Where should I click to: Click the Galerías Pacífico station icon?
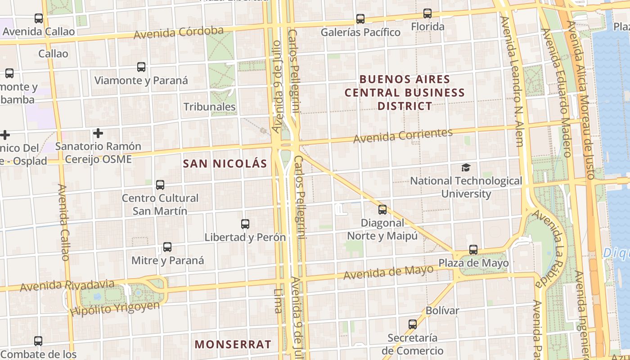click(x=360, y=19)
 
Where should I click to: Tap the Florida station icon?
click(x=427, y=13)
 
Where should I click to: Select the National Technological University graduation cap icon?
click(x=466, y=168)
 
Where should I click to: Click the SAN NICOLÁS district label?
click(x=225, y=164)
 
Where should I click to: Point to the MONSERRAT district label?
click(x=233, y=345)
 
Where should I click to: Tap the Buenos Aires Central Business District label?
click(x=405, y=93)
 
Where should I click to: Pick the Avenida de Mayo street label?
click(x=388, y=272)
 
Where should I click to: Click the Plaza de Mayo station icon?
click(x=473, y=250)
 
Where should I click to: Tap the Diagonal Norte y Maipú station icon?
click(x=382, y=210)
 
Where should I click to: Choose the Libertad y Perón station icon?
click(x=245, y=224)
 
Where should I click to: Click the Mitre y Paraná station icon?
click(x=167, y=247)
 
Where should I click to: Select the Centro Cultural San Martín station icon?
click(x=160, y=185)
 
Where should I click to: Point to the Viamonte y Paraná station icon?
click(x=141, y=67)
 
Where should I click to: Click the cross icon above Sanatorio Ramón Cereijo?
click(x=98, y=133)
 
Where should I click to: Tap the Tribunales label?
click(x=210, y=107)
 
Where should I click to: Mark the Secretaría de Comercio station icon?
click(x=412, y=324)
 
